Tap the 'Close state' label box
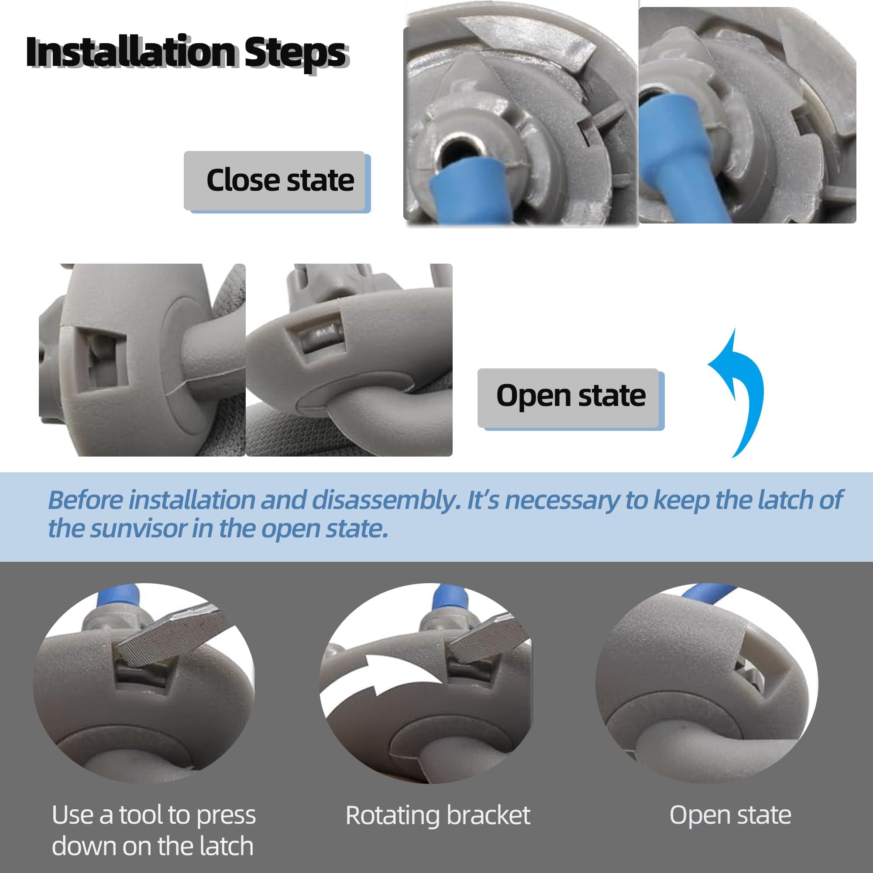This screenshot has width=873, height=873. click(277, 181)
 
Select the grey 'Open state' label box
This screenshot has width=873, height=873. click(570, 398)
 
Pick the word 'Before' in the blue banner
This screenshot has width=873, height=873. click(85, 500)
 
